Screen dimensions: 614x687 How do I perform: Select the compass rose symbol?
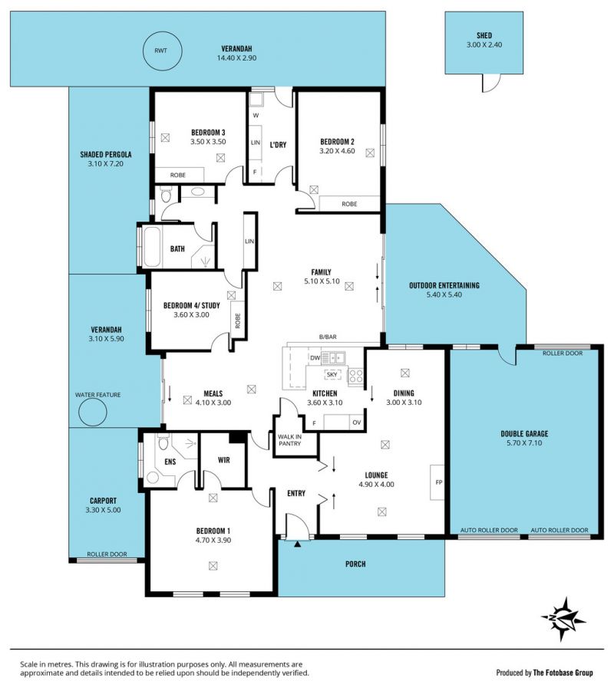563,619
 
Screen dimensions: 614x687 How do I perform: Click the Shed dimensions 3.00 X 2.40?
484,44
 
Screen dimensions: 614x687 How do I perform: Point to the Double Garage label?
524,434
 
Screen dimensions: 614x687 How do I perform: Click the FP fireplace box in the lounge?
437,482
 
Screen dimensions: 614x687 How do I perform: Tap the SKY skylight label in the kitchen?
332,375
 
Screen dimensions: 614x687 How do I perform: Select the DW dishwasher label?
315,358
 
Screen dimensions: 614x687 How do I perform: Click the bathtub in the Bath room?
152,247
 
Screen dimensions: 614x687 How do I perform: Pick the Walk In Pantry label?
289,440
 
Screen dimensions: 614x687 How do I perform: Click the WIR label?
223,460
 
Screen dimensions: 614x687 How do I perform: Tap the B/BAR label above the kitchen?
328,337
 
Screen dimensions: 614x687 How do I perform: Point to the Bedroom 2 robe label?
349,204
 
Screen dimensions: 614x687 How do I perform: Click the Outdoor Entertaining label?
444,285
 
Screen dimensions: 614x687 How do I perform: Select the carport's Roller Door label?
107,554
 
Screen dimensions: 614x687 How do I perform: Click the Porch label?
355,564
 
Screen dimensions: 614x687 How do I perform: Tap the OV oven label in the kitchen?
357,422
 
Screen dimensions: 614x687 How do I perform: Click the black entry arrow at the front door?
297,544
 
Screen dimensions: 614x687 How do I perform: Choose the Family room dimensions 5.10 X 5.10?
322,281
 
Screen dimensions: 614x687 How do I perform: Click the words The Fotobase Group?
563,672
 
